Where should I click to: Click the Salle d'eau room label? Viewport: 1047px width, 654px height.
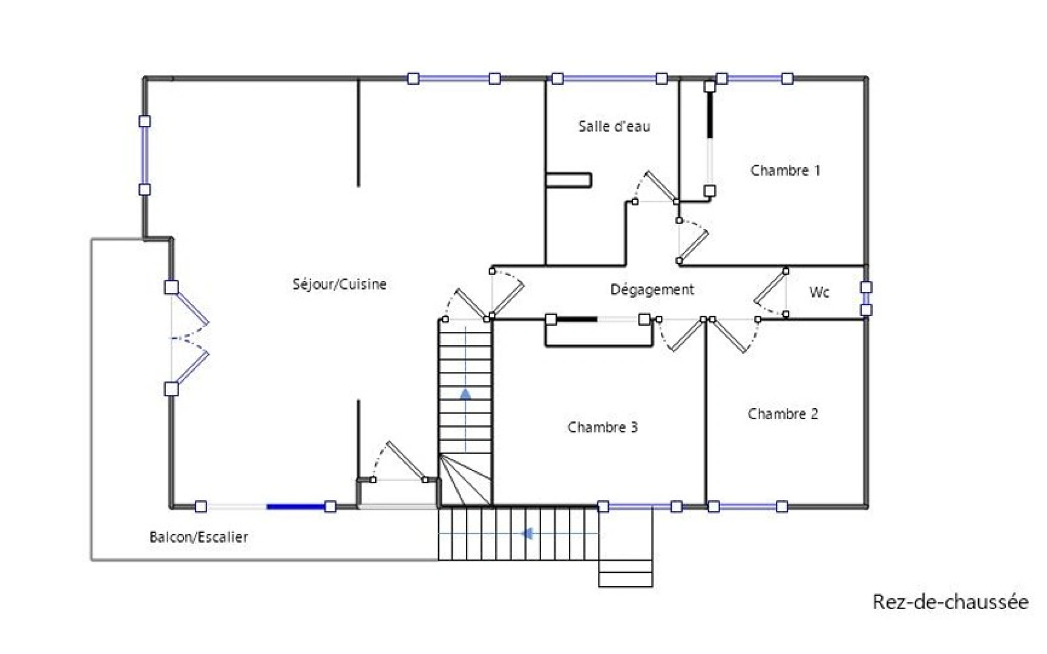click(x=614, y=127)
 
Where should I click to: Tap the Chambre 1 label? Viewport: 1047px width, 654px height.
click(x=785, y=171)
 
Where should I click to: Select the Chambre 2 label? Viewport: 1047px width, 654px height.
click(x=783, y=414)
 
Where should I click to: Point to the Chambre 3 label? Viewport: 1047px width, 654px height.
click(x=602, y=428)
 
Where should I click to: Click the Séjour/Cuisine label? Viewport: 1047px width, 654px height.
click(x=340, y=285)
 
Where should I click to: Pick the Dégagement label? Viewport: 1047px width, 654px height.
click(x=652, y=290)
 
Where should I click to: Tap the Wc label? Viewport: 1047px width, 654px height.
click(x=819, y=292)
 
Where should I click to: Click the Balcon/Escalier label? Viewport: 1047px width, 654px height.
click(x=199, y=537)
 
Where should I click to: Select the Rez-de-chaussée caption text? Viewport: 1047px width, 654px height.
click(x=950, y=602)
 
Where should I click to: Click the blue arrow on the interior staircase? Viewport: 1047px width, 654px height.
click(x=465, y=394)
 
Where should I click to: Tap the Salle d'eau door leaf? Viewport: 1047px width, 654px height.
click(x=660, y=186)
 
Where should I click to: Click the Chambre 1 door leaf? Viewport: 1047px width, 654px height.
click(x=694, y=245)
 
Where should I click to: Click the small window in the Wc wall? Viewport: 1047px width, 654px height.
click(x=866, y=299)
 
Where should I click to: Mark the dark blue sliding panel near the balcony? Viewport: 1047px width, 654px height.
click(x=296, y=506)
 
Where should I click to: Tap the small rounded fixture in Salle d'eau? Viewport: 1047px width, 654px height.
click(x=568, y=180)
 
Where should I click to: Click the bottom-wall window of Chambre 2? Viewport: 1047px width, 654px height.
click(x=748, y=506)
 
